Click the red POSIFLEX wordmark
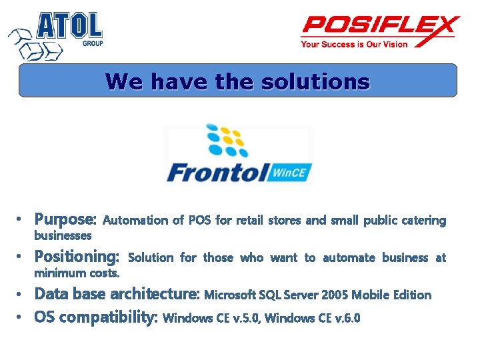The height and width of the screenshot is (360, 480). click(x=380, y=27)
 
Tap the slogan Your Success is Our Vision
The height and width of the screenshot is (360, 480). click(x=354, y=45)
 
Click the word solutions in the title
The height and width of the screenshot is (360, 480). click(x=315, y=82)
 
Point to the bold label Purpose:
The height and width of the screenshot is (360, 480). click(x=66, y=219)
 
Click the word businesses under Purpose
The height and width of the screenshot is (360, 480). click(x=63, y=235)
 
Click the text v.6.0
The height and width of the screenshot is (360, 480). click(x=346, y=318)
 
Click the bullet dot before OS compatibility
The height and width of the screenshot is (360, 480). click(x=21, y=317)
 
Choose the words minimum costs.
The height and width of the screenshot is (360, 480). click(x=77, y=273)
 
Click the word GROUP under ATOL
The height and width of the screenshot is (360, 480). click(x=92, y=43)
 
